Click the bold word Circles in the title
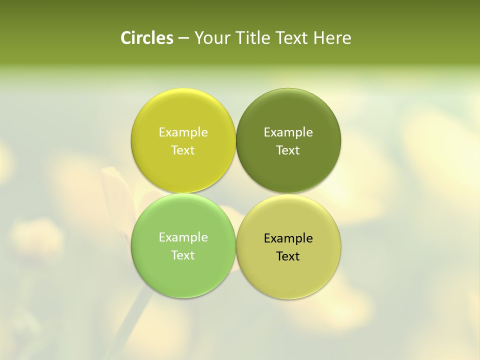point(147,38)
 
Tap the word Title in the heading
point(252,38)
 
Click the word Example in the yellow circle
point(183,132)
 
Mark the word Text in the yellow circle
point(183,150)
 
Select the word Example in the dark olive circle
point(288,132)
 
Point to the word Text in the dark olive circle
point(288,150)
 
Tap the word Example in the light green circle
point(183,237)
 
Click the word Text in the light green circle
point(183,255)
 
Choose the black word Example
point(288,238)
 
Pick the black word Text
point(288,256)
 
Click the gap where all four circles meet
point(235,193)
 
